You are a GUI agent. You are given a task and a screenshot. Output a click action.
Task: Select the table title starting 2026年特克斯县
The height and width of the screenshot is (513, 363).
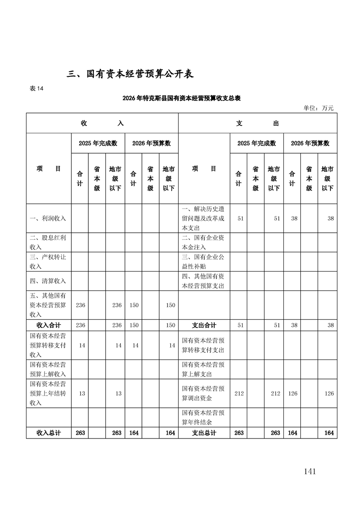point(182,98)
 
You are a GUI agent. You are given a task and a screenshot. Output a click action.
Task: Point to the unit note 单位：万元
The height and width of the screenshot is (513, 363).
point(319,108)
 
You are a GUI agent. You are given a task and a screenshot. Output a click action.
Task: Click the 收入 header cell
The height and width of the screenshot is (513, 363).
point(102,123)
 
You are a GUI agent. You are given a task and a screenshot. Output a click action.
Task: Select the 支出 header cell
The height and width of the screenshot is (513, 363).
point(257,123)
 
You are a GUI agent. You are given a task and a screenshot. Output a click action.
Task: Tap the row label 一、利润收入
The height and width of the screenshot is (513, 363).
point(48,219)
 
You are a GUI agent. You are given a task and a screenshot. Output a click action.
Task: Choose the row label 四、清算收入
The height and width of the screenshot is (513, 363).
point(48,281)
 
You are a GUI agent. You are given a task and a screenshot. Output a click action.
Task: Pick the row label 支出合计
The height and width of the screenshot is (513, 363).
point(204,326)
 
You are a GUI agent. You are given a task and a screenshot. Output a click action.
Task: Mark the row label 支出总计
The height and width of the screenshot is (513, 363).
point(204,433)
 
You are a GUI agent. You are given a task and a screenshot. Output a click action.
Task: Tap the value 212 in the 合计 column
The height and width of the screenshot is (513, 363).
point(238,394)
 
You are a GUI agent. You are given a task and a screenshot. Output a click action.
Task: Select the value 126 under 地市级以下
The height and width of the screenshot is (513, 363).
point(329,394)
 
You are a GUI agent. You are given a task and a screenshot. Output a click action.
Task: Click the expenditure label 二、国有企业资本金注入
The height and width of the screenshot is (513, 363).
point(203,242)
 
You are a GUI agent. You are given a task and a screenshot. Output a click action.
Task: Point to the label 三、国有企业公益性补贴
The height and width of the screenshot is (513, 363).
point(203,262)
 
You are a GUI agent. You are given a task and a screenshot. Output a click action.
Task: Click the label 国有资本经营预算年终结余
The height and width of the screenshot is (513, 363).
point(203,417)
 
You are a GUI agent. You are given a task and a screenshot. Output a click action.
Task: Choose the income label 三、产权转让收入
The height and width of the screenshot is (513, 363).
point(48,262)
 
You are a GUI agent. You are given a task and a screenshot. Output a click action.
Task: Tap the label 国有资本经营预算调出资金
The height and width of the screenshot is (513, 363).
point(203,394)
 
